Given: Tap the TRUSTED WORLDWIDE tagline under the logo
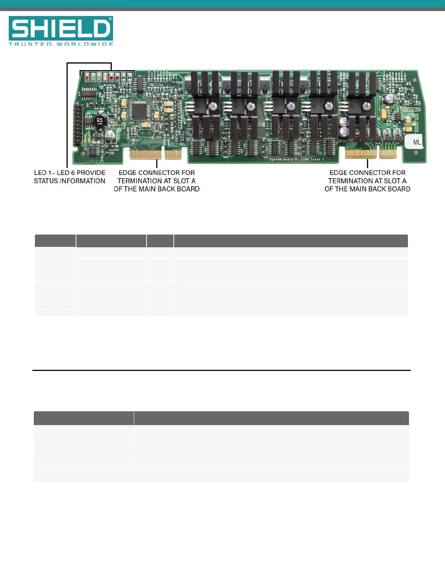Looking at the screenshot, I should click(61, 44).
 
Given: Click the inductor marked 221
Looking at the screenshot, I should click(100, 121).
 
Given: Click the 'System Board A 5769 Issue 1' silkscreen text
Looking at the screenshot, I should click(296, 159).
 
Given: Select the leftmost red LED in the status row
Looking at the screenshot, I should click(87, 77).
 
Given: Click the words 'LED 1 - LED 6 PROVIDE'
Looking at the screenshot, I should click(70, 173).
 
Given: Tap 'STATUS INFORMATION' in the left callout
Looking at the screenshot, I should click(70, 181).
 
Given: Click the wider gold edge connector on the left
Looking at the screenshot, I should click(145, 154).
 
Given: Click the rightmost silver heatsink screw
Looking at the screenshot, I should click(366, 106).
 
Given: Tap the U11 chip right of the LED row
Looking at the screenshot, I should click(140, 84).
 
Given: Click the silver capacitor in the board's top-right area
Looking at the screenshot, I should click(389, 99).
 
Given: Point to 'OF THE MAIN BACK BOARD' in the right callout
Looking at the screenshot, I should click(367, 189).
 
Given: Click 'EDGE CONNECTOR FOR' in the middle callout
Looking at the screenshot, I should click(157, 173).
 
